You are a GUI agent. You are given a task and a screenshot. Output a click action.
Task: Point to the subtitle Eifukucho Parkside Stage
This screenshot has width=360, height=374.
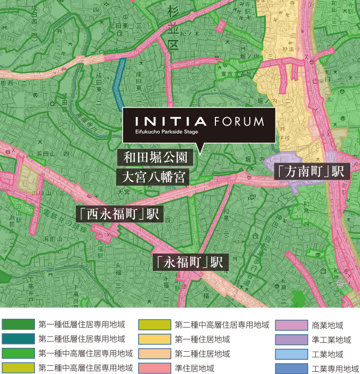[x=166, y=132]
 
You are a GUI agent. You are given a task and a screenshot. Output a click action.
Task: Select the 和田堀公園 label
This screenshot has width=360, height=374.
[x=155, y=158]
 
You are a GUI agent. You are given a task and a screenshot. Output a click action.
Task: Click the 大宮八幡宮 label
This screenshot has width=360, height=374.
[x=155, y=177]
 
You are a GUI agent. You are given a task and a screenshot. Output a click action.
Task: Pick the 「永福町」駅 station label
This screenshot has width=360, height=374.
[x=189, y=262]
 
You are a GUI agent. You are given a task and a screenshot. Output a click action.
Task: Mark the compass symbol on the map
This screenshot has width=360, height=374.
[x=340, y=282]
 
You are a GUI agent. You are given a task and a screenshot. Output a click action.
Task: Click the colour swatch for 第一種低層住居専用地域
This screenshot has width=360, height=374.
[x=18, y=325]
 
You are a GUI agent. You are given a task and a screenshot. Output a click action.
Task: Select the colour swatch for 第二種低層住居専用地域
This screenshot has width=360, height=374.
[x=18, y=339]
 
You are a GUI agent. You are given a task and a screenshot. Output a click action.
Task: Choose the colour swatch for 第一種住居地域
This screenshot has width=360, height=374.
[x=154, y=339]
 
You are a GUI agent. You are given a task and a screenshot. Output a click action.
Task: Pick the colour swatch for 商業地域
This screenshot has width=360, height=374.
[x=291, y=325]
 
